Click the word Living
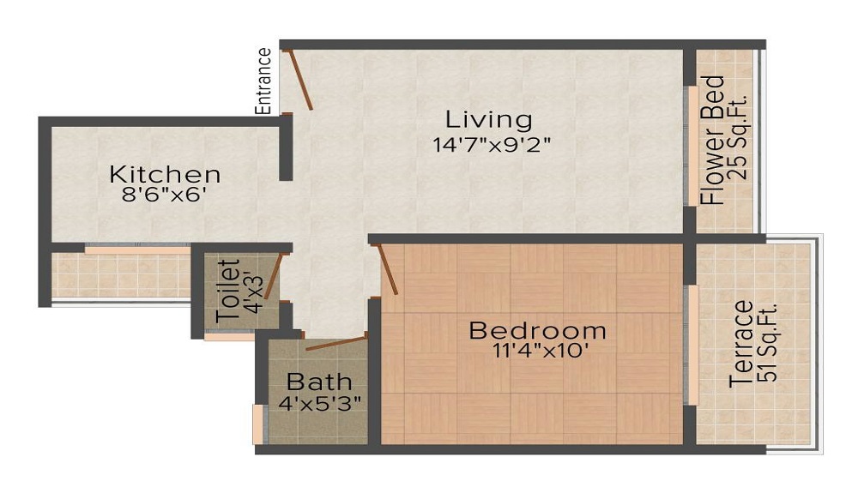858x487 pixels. pos(487,119)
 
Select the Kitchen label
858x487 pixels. pos(165,174)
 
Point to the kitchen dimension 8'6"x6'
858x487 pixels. pos(165,195)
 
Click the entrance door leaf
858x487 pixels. pos(300,79)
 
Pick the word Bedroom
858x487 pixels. pos(537,330)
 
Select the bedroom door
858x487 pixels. pos(387,269)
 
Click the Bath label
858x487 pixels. pos(319,381)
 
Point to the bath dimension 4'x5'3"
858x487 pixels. pos(319,401)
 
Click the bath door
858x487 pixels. pos(335,345)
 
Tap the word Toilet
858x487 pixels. pos(227,291)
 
